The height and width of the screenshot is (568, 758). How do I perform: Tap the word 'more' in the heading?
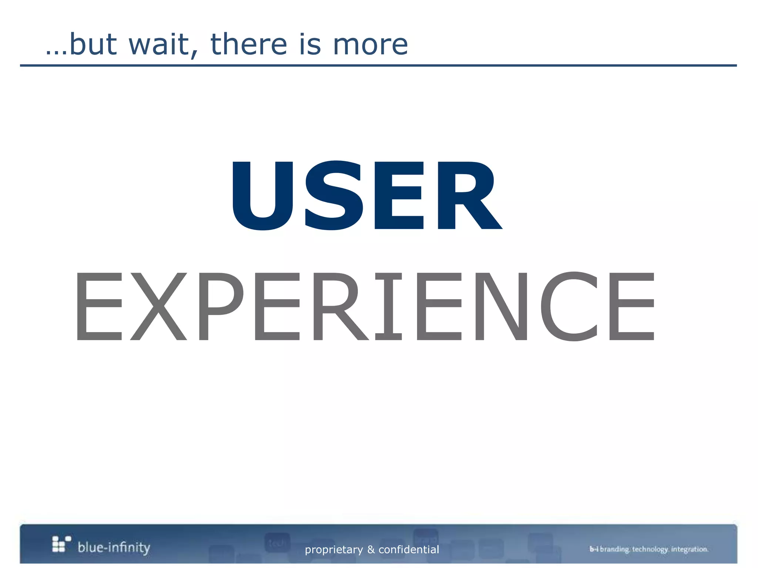[370, 45]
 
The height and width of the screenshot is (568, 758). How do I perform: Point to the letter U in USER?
[262, 195]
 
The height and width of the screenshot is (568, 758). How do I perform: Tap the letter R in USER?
[468, 195]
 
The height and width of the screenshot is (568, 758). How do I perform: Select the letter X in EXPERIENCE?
[158, 306]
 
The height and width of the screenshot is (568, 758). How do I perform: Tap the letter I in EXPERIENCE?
[388, 306]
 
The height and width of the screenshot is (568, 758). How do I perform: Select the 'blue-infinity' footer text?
[114, 547]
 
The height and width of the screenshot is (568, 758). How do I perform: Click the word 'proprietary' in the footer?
[334, 550]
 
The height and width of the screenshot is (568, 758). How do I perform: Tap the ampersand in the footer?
[371, 550]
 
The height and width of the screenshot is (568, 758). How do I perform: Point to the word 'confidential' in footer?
[409, 550]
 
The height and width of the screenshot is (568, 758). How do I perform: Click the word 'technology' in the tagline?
[650, 549]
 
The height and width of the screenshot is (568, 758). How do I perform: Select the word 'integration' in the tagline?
[690, 549]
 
